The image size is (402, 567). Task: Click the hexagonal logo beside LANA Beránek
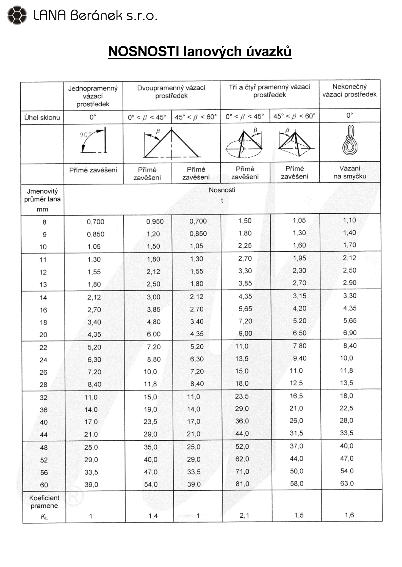[17, 15]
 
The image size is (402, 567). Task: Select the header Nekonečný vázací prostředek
[349, 91]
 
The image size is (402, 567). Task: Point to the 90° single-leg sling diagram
[93, 140]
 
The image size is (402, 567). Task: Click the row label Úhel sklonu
[42, 117]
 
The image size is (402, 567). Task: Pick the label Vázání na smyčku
[350, 172]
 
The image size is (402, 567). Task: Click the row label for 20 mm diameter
[43, 335]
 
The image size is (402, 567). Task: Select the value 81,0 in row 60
[242, 484]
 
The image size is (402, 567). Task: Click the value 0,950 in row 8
[155, 222]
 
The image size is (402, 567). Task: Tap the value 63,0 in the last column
[347, 483]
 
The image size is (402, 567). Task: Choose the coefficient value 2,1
[244, 515]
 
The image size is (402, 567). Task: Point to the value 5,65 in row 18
[350, 321]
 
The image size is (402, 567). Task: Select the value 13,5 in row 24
[242, 359]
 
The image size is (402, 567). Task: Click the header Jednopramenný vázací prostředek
[93, 96]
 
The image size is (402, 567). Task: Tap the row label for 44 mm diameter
[44, 435]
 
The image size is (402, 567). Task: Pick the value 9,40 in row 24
[299, 358]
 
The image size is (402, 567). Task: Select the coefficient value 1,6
[349, 515]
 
